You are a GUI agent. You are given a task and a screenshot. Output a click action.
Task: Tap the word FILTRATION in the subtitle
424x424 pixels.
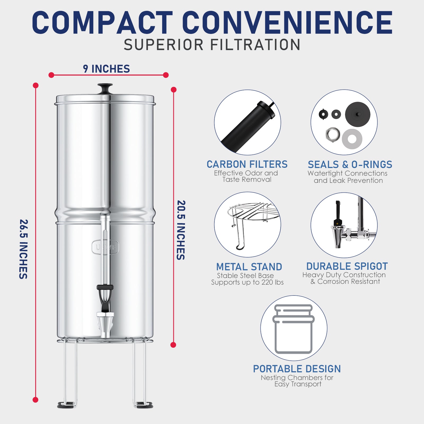point(255,45)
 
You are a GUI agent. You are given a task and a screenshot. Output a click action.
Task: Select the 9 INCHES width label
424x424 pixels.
point(106,69)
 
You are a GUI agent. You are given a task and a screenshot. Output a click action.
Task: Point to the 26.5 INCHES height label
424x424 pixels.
point(24,249)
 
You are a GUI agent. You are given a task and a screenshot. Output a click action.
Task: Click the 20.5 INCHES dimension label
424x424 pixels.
point(181,230)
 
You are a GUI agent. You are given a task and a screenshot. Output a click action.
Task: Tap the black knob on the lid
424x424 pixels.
point(105,88)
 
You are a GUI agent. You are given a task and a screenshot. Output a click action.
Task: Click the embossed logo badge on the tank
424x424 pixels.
point(105,247)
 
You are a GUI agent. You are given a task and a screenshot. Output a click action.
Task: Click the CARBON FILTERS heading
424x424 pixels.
point(247,164)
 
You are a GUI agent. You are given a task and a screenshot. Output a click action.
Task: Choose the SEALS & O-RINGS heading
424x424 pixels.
point(350,165)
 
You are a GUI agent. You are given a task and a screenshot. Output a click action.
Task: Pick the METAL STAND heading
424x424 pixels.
point(249,267)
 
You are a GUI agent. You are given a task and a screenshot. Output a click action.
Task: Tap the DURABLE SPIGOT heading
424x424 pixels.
point(347,266)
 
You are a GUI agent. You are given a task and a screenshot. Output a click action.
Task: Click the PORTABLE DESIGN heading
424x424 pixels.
point(297,369)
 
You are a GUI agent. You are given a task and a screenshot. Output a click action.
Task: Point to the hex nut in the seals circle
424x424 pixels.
point(333,134)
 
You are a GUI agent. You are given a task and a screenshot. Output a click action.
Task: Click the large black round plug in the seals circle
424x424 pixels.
point(357,114)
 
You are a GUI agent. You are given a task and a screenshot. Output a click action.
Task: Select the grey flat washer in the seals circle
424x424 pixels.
point(352,139)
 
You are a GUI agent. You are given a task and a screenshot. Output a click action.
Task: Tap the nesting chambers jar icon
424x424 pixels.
point(294,329)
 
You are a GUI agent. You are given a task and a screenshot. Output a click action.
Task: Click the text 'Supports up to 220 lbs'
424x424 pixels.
point(247,282)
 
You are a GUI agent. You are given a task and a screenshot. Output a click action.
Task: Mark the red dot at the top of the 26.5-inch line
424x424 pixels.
point(36,85)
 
